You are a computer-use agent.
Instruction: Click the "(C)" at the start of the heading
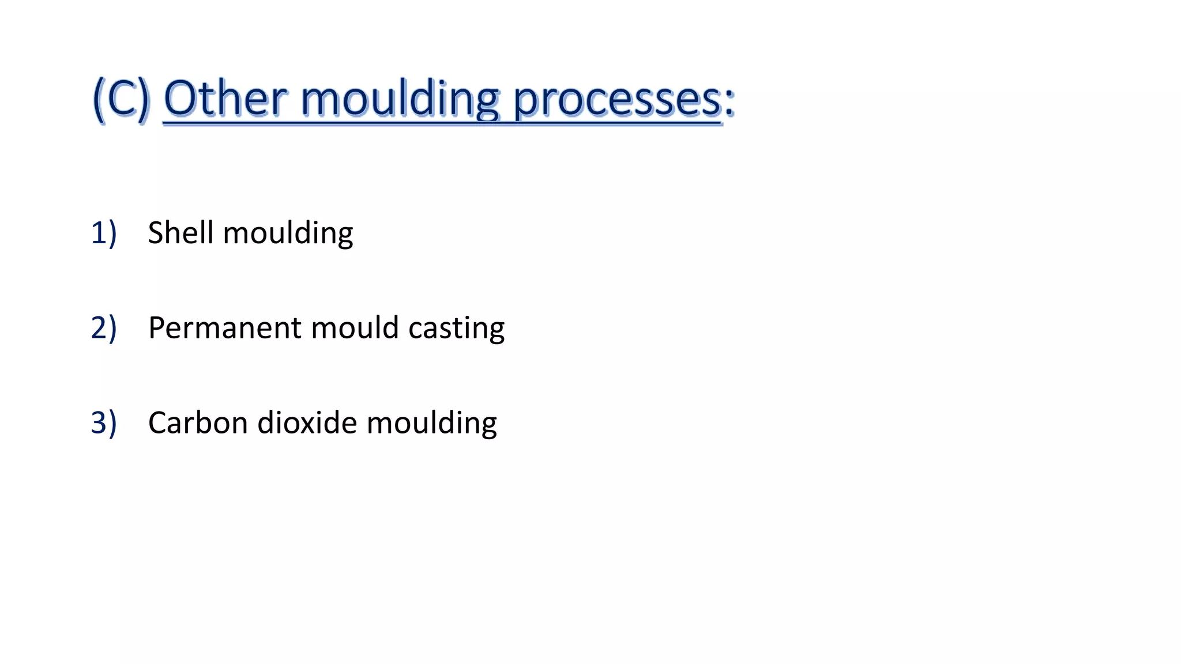pyautogui.click(x=121, y=99)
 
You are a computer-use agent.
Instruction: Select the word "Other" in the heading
pyautogui.click(x=225, y=99)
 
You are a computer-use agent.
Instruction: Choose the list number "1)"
pyautogui.click(x=104, y=233)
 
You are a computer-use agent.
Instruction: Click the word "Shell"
pyautogui.click(x=181, y=233)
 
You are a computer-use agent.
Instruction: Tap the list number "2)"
pyautogui.click(x=104, y=328)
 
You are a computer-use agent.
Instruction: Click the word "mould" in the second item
pyautogui.click(x=355, y=328)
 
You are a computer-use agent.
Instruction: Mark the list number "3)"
pyautogui.click(x=104, y=423)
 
